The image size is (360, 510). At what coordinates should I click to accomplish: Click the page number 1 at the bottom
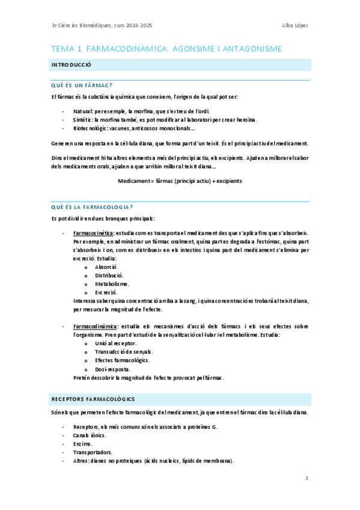tap(307, 479)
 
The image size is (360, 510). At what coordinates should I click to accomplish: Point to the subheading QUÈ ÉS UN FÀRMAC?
tap(83, 85)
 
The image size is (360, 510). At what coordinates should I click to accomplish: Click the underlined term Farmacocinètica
tap(92, 232)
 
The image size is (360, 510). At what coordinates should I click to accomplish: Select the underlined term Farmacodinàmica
tap(93, 326)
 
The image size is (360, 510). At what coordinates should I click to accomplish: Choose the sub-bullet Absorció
tap(106, 266)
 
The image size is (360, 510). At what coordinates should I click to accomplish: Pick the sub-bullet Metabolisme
tap(112, 283)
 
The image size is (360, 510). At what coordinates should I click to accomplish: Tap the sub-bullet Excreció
tap(106, 292)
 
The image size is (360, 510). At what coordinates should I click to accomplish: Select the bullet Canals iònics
tap(90, 435)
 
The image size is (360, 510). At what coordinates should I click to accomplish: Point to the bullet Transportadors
tap(93, 452)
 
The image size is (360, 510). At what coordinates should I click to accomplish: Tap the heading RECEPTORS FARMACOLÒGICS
tap(93, 399)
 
